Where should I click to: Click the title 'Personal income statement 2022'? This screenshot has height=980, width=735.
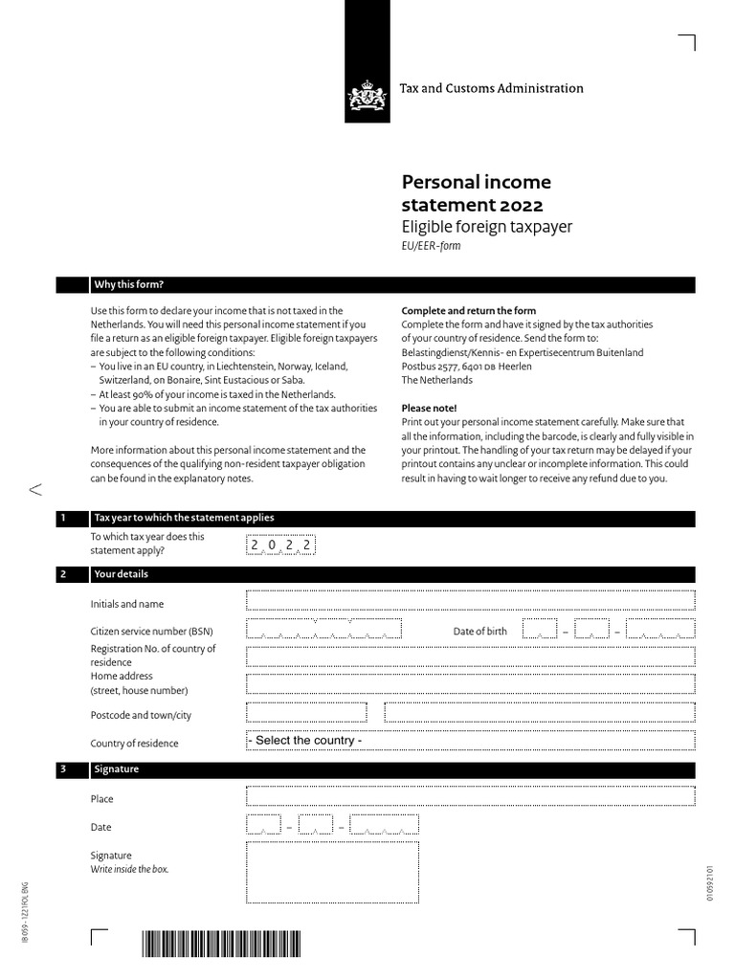pos(476,193)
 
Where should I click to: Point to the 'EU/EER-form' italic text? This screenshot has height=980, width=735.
pos(431,246)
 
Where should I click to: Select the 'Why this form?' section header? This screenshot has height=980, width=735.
pos(128,285)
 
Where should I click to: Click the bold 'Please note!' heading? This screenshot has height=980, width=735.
pos(430,408)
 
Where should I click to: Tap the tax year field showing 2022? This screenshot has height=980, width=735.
pos(280,545)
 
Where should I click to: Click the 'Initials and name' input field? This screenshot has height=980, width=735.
pos(470,601)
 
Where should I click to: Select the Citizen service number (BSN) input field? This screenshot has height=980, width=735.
pos(323,630)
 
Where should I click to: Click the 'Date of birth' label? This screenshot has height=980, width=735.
pos(479,632)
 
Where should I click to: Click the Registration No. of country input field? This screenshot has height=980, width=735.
pos(470,656)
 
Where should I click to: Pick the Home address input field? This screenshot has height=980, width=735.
pos(470,683)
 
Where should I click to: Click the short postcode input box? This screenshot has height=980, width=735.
pos(306,713)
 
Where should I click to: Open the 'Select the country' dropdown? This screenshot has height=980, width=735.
pos(470,741)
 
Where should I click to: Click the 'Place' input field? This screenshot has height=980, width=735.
pos(470,797)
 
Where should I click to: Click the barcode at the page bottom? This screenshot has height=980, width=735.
pos(221,945)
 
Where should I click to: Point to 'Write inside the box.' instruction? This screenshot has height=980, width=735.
pos(129,870)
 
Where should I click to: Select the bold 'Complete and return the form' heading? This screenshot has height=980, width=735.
pos(468,311)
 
